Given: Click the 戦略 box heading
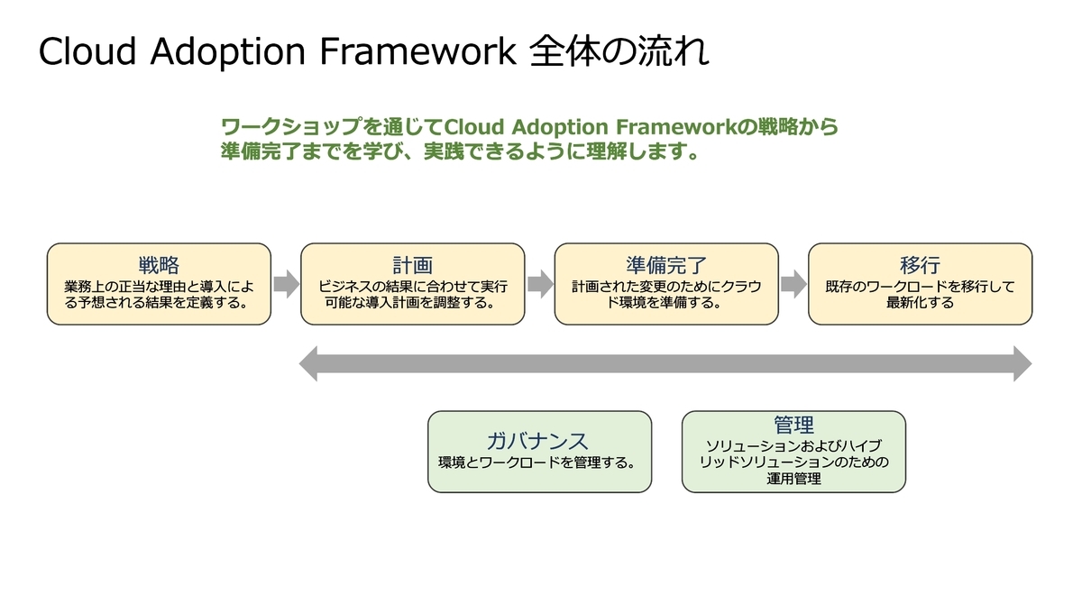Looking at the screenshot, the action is [159, 265].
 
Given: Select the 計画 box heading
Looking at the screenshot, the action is [413, 265].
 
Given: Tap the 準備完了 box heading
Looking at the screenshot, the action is [666, 265].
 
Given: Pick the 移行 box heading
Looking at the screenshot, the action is [921, 265].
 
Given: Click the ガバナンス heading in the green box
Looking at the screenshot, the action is [537, 442].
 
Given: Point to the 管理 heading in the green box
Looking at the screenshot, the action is [793, 425].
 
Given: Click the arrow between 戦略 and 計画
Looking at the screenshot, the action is [287, 284].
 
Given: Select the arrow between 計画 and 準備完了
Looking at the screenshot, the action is [540, 284].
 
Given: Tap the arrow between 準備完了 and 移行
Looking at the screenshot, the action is [793, 284].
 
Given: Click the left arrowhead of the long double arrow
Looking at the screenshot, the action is [308, 363].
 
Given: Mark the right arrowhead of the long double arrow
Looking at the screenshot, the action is [1022, 363].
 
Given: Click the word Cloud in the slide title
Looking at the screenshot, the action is [87, 51].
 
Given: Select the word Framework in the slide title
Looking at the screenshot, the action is [418, 51].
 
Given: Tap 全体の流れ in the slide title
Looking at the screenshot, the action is [619, 50].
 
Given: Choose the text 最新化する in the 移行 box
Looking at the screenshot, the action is [921, 303].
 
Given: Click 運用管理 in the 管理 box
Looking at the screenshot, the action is [793, 479].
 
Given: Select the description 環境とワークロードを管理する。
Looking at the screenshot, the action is [537, 462].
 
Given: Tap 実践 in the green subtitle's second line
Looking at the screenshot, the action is [444, 151].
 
